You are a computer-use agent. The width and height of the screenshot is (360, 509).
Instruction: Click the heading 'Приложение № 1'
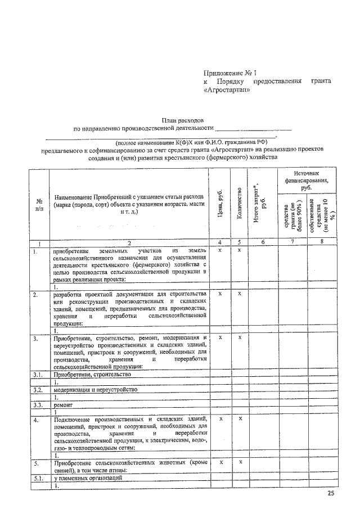229,73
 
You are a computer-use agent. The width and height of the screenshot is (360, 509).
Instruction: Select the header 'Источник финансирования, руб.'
307,181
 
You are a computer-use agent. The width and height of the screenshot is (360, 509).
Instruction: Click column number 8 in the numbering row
322,242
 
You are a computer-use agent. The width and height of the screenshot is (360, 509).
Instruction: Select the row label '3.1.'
38,373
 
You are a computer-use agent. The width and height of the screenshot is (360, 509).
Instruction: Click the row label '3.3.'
38,404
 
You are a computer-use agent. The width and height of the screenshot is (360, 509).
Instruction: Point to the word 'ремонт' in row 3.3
62,404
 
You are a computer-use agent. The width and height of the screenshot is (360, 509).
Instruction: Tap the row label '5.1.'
38,478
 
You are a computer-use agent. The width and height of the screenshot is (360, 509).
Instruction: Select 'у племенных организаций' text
87,478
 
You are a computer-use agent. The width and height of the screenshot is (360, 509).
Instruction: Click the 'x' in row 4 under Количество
240,419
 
